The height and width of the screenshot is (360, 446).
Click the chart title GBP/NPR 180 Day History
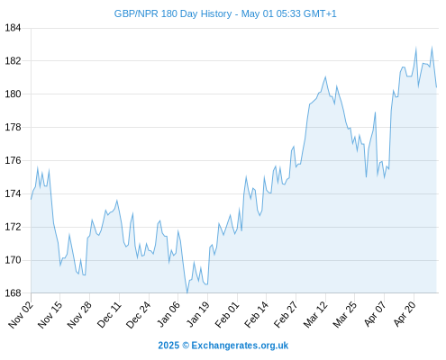click(x=173, y=13)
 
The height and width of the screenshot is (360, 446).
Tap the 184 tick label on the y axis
click(x=13, y=28)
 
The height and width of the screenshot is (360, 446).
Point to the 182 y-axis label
click(x=13, y=61)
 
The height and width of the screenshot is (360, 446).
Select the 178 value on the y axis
click(x=13, y=128)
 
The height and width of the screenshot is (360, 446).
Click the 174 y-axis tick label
click(x=13, y=193)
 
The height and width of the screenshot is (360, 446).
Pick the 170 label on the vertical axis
click(x=13, y=260)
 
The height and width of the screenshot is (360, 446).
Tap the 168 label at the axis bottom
click(x=13, y=293)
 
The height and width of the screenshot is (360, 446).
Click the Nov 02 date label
click(x=20, y=314)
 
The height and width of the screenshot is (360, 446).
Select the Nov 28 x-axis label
click(x=79, y=314)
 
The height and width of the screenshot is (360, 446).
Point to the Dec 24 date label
click(x=138, y=314)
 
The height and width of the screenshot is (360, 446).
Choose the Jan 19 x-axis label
click(x=197, y=314)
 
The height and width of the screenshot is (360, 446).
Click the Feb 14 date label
click(x=256, y=314)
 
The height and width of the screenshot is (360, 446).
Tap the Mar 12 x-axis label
click(x=315, y=314)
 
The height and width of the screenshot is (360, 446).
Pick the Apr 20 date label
click(x=405, y=313)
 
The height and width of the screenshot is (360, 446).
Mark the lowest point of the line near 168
click(x=187, y=292)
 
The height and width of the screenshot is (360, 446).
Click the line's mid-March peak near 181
click(x=325, y=76)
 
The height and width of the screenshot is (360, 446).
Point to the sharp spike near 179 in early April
click(x=375, y=112)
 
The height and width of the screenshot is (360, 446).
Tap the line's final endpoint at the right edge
click(x=436, y=87)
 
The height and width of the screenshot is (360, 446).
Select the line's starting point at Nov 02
click(x=31, y=199)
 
